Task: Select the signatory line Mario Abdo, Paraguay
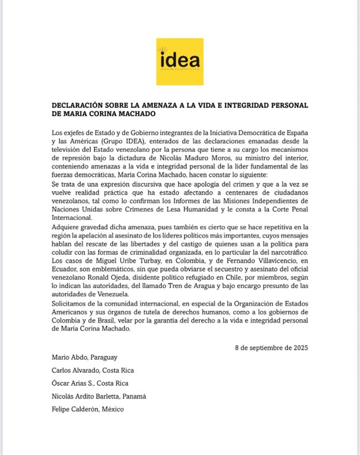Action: (84, 357)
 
